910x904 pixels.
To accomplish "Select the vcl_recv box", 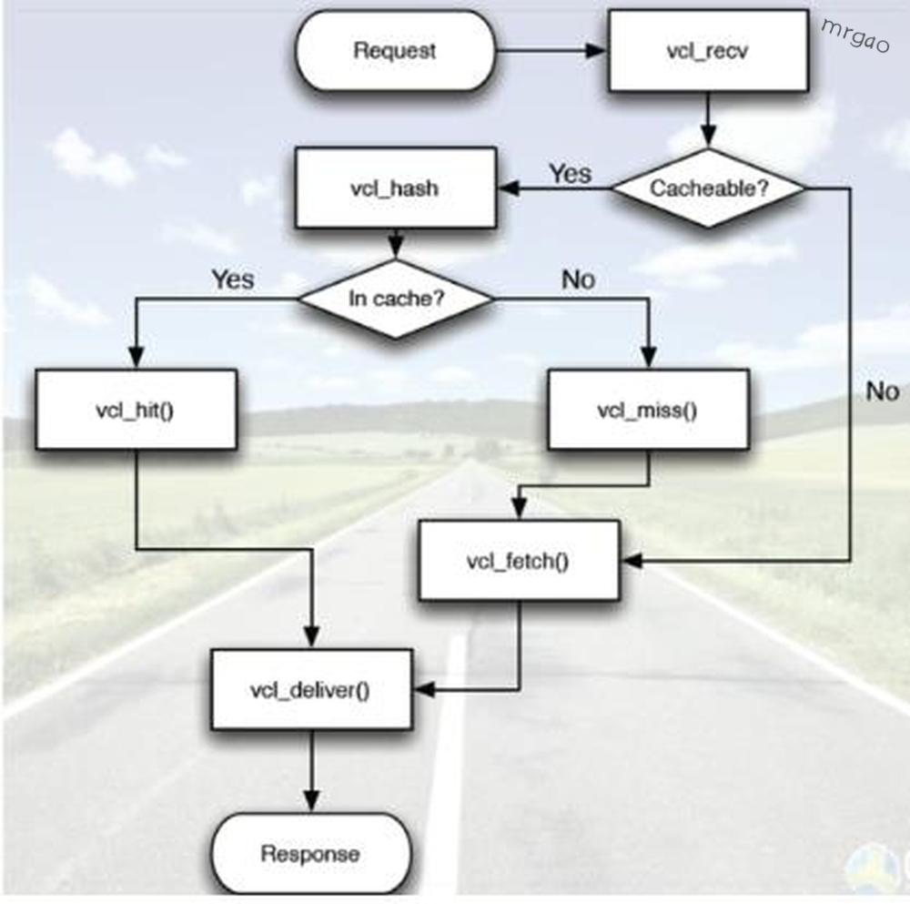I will [x=708, y=51].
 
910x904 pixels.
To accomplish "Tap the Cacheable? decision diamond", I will [x=708, y=188].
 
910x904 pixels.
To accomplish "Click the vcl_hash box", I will [x=394, y=188].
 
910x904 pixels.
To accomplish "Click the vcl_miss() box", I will [x=647, y=409].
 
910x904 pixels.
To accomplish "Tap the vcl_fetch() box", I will [x=518, y=561].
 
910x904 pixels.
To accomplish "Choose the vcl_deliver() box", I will [x=310, y=689].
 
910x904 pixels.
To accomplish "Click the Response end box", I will [x=310, y=854].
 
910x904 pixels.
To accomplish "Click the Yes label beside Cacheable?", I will [x=571, y=174].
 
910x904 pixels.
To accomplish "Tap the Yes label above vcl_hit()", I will [x=233, y=279].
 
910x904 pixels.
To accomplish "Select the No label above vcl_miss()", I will [x=578, y=279].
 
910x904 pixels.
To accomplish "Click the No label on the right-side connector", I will [x=882, y=391].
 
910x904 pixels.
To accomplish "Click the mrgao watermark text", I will [x=855, y=36].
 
